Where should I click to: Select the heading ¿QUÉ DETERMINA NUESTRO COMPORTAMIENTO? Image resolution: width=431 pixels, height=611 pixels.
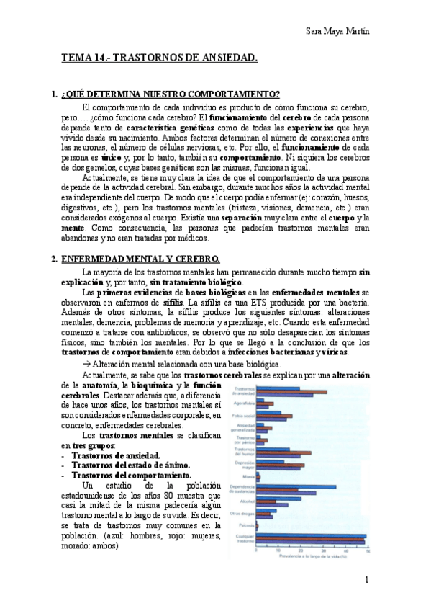pyautogui.click(x=171, y=95)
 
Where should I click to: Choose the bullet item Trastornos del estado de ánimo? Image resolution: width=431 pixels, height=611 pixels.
pyautogui.click(x=134, y=465)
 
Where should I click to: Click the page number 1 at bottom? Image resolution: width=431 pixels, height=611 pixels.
pyautogui.click(x=366, y=580)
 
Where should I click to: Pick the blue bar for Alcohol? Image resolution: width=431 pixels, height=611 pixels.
pyautogui.click(x=275, y=499)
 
